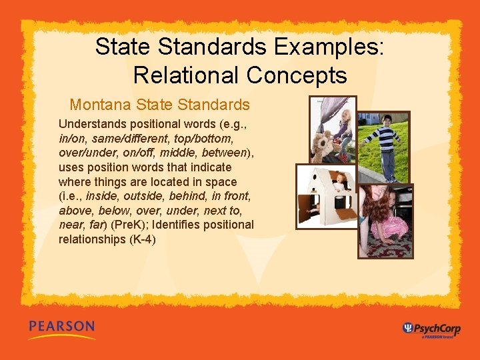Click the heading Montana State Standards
pyautogui.click(x=159, y=105)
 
